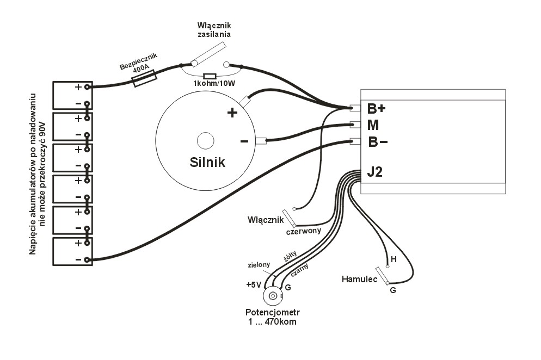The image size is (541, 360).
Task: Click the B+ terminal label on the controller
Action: tap(376, 108)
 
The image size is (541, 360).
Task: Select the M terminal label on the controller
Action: tap(373, 125)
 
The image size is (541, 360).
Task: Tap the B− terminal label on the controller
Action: tap(377, 142)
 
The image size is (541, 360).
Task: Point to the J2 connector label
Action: tap(375, 173)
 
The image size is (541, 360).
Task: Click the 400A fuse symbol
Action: tap(145, 78)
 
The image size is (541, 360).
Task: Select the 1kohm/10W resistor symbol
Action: tap(209, 76)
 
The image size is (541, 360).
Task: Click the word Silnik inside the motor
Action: tap(207, 162)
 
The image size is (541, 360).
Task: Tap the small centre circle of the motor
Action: tap(206, 140)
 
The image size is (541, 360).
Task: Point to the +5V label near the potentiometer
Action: tap(254, 284)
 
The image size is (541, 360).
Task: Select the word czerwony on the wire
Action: tap(303, 231)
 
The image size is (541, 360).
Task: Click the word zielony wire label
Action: tap(259, 265)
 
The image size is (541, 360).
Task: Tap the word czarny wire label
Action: tap(300, 269)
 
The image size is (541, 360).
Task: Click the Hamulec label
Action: tap(359, 279)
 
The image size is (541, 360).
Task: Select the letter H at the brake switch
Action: tap(393, 259)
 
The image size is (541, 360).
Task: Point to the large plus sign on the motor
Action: tap(232, 113)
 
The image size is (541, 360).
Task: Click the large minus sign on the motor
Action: tap(244, 141)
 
